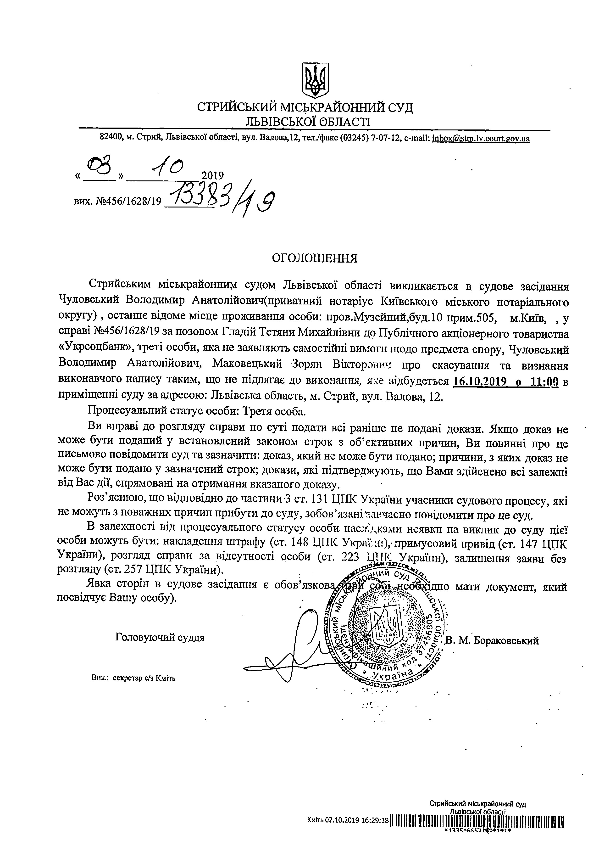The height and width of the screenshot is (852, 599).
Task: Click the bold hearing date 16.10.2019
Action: [480, 382]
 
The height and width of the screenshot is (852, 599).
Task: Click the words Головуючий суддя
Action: [160, 638]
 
